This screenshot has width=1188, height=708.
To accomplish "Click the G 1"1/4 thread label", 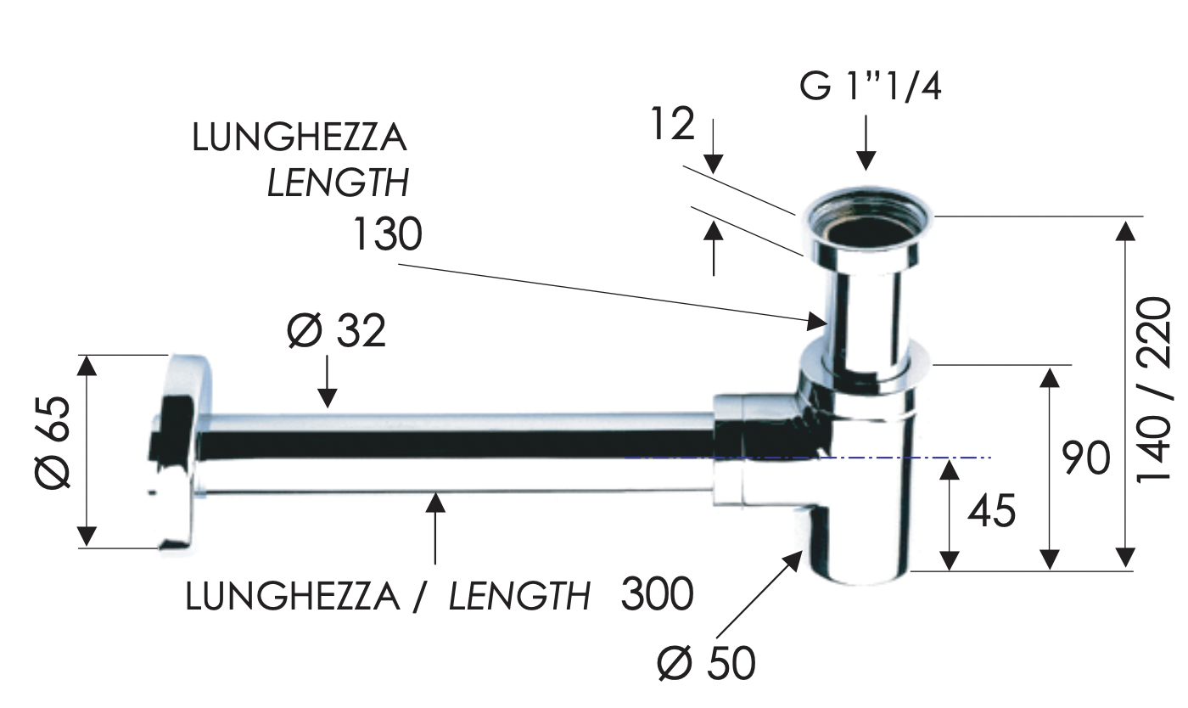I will point(870,87).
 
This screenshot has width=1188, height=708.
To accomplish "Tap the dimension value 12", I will point(673,125).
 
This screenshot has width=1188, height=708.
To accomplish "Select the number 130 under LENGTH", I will point(387,234).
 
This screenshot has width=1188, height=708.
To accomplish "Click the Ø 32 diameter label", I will point(336,331).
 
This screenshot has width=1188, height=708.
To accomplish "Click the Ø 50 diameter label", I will point(706,663).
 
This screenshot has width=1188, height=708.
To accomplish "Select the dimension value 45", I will point(991,513).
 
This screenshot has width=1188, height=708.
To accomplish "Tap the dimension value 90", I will point(1085,459).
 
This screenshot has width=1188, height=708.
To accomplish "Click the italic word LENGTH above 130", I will point(338,183).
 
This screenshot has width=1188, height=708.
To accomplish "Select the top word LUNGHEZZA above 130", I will point(300,138).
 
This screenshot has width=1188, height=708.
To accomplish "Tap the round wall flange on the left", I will point(181,450).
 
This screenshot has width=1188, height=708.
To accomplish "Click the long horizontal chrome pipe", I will point(458,454).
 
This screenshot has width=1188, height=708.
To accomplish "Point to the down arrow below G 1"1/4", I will point(866,144).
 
